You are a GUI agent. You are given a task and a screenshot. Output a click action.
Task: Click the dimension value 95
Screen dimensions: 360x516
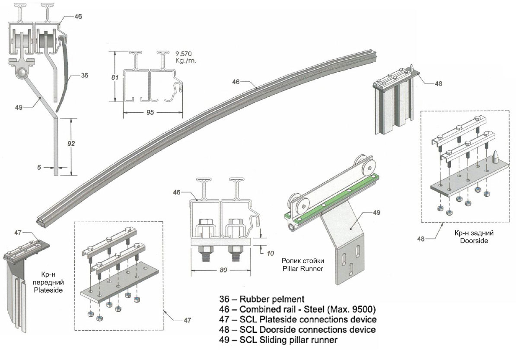(150, 112)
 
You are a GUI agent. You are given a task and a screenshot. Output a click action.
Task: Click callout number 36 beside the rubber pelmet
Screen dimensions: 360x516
(84, 75)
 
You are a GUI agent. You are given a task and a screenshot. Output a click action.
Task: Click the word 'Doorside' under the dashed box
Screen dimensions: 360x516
(474, 241)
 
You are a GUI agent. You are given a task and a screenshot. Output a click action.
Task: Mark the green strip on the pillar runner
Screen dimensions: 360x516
(333, 197)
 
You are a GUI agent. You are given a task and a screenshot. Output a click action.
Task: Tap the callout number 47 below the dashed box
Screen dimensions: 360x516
(186, 320)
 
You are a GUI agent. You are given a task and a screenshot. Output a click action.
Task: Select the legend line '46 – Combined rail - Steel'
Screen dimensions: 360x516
(294, 309)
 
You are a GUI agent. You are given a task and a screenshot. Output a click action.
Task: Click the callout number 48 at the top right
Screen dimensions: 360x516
(438, 84)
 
